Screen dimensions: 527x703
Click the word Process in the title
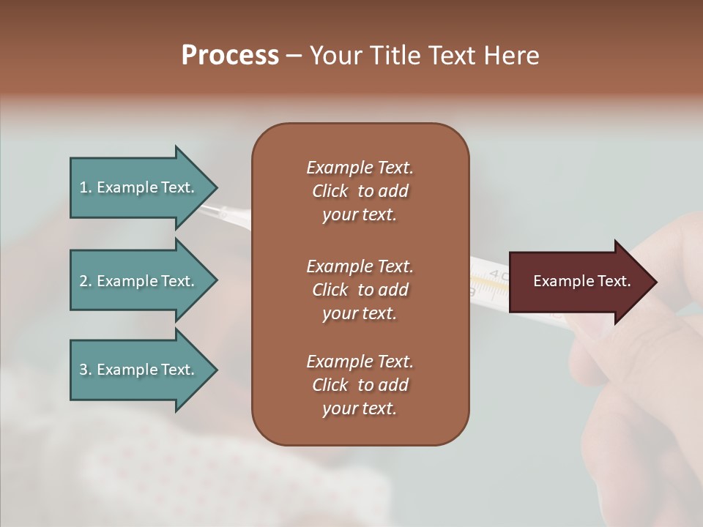click(230, 56)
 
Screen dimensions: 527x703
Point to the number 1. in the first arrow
click(86, 187)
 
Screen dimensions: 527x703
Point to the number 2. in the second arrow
click(86, 281)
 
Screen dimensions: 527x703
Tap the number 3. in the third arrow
click(86, 370)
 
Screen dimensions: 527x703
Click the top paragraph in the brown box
click(360, 191)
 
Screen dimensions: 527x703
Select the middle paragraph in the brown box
click(360, 290)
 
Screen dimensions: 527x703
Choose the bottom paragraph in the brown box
click(360, 385)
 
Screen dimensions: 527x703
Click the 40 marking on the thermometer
click(498, 276)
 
